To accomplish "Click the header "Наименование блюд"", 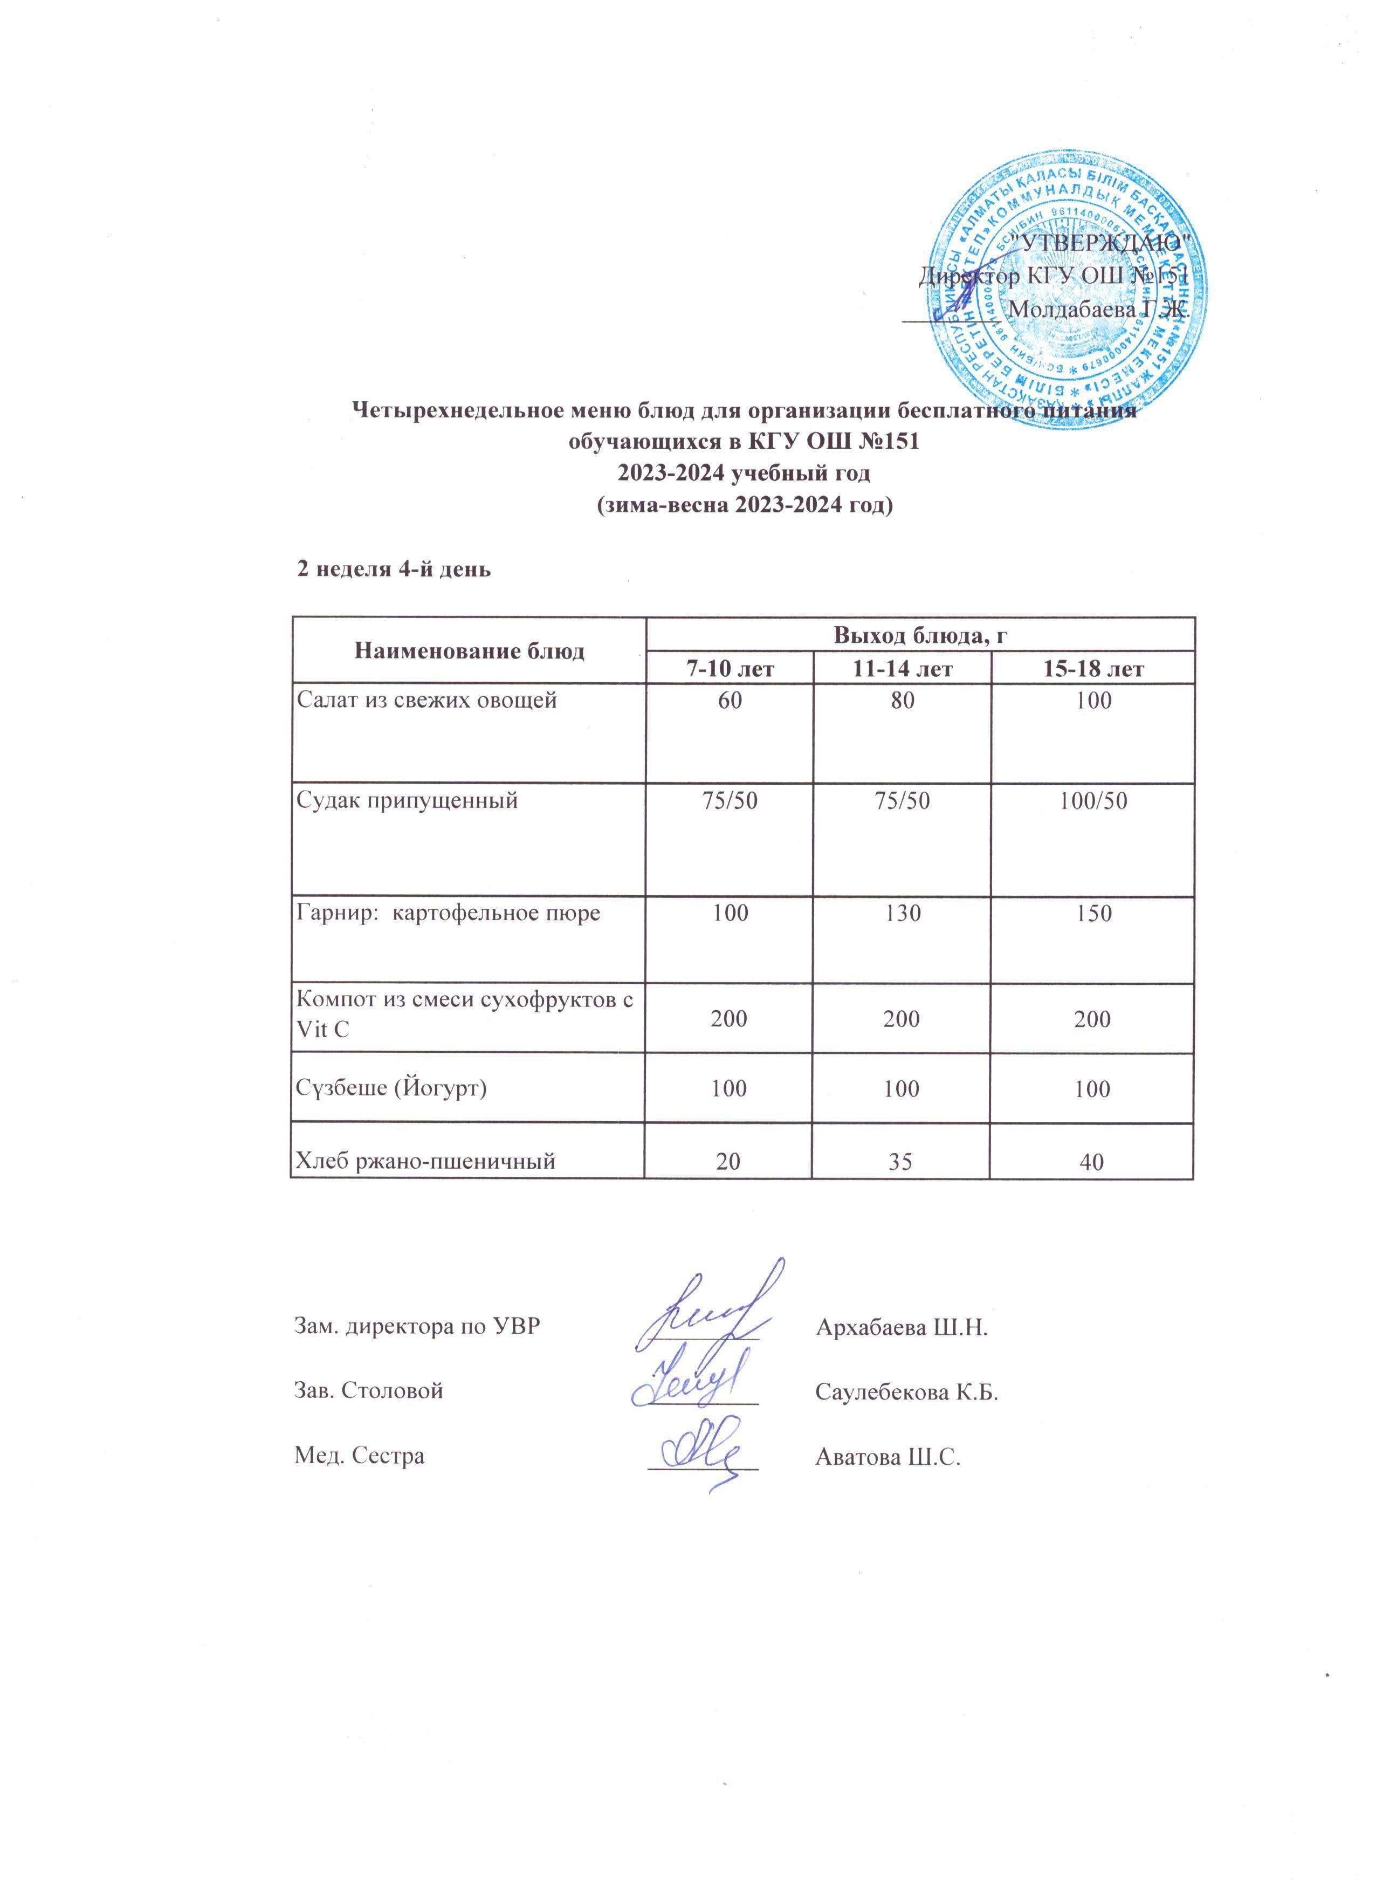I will click(x=469, y=651).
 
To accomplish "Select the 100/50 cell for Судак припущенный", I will click(x=1093, y=801).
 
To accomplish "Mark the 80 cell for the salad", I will click(x=903, y=700).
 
